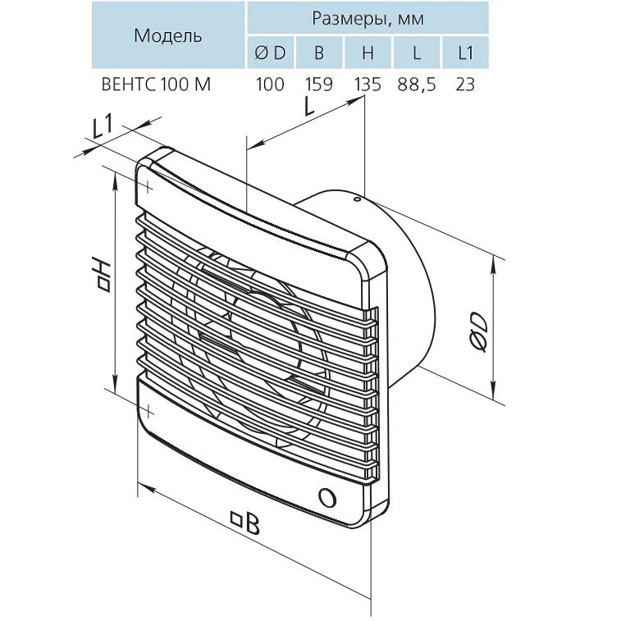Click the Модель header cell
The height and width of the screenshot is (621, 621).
coord(168,35)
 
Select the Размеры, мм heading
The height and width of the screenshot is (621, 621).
coord(368,18)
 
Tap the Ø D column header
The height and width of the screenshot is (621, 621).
coord(271,53)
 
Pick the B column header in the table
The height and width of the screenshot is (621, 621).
coord(319,53)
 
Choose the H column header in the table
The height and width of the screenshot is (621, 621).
coord(368,53)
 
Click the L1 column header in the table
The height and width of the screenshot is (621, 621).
coord(465,53)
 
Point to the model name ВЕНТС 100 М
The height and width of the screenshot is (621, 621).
coord(156,84)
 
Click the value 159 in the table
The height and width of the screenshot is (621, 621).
coord(319,84)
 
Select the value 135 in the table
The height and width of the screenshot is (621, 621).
coord(368,84)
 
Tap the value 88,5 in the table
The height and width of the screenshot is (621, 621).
coord(417,84)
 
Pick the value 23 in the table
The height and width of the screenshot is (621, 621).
coord(465,84)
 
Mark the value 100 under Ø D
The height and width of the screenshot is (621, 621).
coord(270,84)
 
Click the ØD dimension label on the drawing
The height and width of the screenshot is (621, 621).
coord(478,332)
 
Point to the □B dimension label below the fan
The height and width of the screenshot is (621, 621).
coord(245,522)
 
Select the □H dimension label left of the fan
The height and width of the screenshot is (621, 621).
coord(103,276)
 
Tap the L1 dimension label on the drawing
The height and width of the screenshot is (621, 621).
coord(102,126)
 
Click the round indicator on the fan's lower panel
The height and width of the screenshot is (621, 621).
coord(327,497)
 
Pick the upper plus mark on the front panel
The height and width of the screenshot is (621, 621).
coord(148,186)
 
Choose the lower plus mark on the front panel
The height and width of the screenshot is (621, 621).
coord(148,412)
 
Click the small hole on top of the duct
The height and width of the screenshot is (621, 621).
coord(356,199)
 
